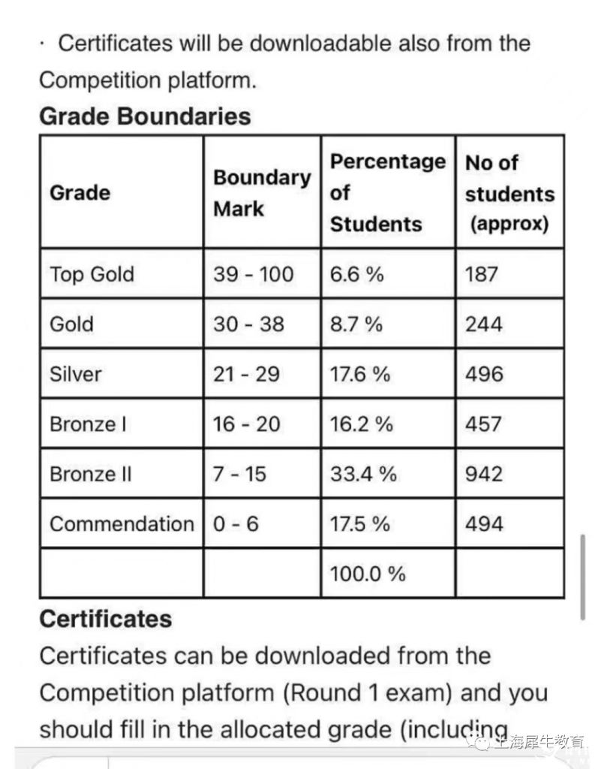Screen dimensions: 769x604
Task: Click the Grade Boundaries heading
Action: tap(145, 116)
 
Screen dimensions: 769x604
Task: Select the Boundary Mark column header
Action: tap(261, 193)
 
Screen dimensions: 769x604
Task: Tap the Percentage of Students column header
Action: tap(387, 193)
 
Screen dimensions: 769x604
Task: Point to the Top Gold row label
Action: tap(92, 274)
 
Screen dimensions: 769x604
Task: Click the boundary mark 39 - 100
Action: tap(253, 274)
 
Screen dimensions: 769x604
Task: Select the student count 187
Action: tap(482, 274)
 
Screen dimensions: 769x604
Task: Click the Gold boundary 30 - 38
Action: tap(248, 324)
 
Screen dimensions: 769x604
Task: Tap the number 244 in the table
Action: tap(484, 324)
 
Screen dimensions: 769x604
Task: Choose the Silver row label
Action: tap(75, 374)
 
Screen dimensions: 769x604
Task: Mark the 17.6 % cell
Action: tap(360, 374)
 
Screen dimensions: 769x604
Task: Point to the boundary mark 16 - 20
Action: tap(246, 424)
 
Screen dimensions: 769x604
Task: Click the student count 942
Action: tap(484, 475)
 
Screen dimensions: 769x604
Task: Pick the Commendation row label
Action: tap(122, 524)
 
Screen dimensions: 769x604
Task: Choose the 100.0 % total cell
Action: tap(368, 574)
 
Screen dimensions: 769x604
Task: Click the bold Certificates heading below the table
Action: tap(105, 619)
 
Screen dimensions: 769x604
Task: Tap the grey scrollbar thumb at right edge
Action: tap(583, 577)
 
